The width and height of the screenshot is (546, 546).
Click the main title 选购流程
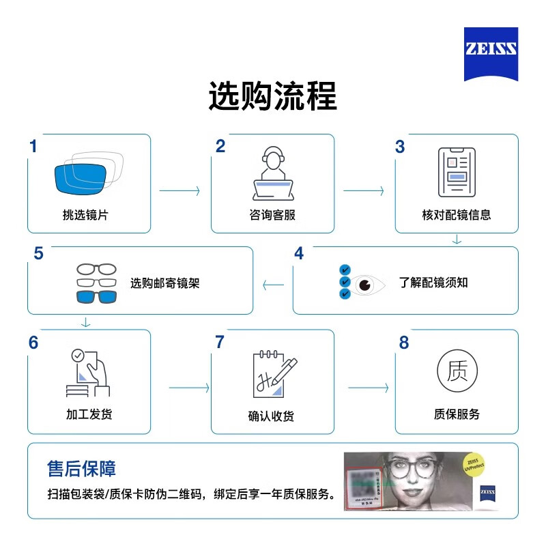(x=273, y=97)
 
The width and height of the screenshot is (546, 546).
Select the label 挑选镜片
(x=85, y=214)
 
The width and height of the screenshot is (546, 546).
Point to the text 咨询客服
(x=272, y=214)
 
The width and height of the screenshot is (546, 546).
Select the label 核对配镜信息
(x=457, y=214)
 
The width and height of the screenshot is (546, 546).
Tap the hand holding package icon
(x=89, y=373)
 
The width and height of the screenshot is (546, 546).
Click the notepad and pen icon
(x=274, y=374)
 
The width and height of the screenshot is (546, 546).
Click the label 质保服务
(x=457, y=414)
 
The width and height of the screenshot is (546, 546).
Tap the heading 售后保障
(x=81, y=468)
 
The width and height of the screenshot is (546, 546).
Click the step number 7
(x=220, y=342)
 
